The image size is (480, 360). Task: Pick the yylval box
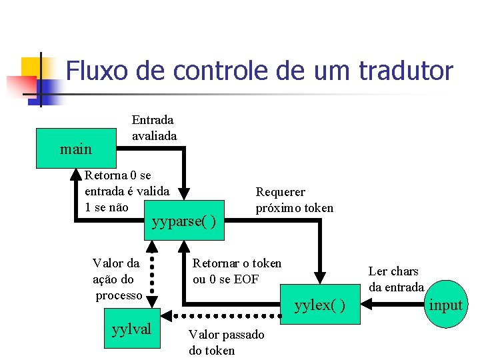[x=132, y=328]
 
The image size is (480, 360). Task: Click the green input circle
[x=445, y=305]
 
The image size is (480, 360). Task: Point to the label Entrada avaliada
[x=154, y=128]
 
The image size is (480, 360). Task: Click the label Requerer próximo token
[x=294, y=199]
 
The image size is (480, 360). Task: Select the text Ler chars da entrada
[x=396, y=279]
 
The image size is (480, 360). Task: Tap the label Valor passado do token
[x=226, y=342]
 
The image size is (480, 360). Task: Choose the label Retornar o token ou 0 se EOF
[x=237, y=271]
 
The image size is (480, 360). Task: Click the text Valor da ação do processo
[x=117, y=279]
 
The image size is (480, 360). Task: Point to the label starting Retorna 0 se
[x=127, y=191]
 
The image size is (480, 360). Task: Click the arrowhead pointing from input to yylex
[x=369, y=305]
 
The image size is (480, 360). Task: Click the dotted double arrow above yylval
[x=152, y=273]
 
